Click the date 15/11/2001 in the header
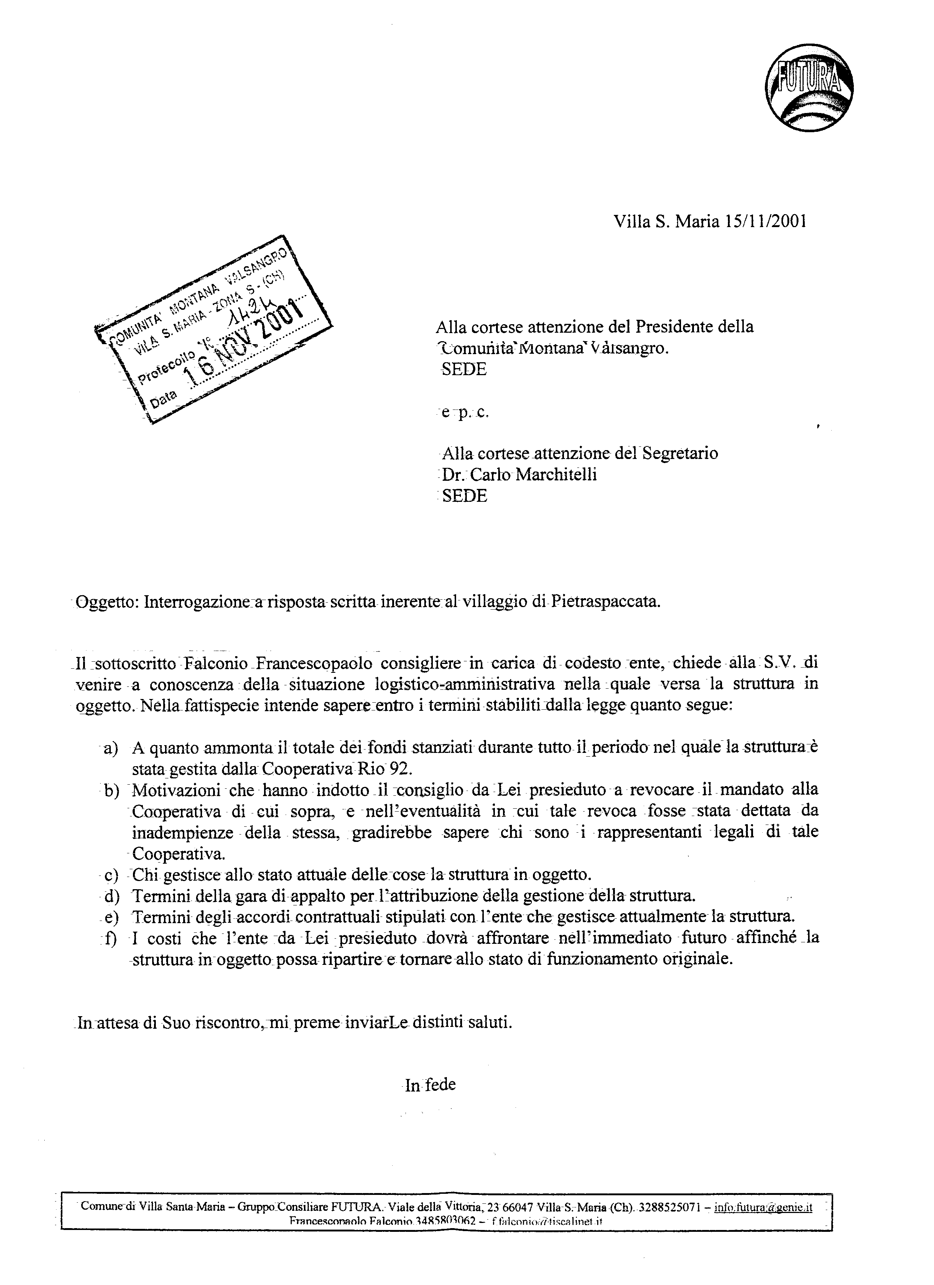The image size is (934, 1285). point(765,222)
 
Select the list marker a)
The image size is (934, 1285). point(109,748)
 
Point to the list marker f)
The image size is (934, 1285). point(109,939)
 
